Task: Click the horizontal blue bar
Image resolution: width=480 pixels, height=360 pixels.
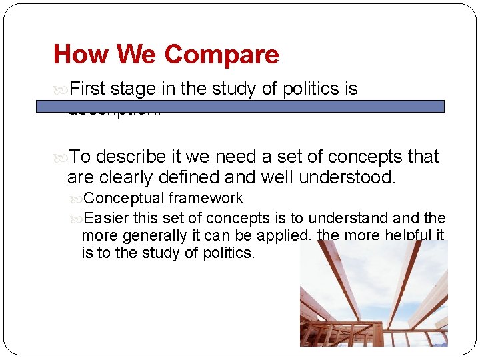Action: coord(241,106)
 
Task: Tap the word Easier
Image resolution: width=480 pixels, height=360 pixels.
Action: coord(107,218)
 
